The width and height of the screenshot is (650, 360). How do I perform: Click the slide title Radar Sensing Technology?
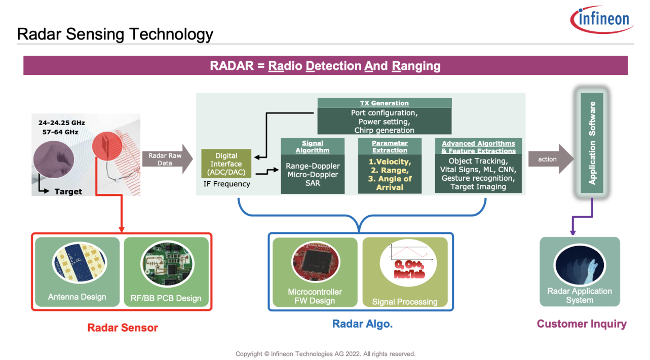click(x=115, y=34)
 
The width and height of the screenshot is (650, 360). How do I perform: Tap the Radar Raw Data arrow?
click(x=167, y=159)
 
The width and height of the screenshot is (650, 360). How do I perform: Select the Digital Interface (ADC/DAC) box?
click(x=226, y=164)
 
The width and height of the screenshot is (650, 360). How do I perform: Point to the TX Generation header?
click(x=384, y=103)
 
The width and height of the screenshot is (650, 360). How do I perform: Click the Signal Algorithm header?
click(x=313, y=147)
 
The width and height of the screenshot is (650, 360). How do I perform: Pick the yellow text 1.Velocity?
click(x=390, y=162)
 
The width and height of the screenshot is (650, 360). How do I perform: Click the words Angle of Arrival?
click(x=390, y=183)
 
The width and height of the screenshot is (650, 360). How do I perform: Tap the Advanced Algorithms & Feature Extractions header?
click(x=478, y=147)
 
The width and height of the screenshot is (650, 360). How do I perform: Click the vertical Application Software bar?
click(x=592, y=143)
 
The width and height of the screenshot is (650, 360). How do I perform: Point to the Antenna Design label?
click(x=77, y=297)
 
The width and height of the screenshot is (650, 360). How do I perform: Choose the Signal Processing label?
click(x=405, y=302)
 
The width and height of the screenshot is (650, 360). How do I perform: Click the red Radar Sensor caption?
click(x=123, y=328)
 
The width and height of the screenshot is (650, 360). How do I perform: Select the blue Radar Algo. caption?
click(x=362, y=324)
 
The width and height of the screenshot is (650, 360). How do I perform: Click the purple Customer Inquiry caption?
click(x=582, y=324)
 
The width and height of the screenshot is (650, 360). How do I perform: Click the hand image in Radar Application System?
click(x=580, y=263)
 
